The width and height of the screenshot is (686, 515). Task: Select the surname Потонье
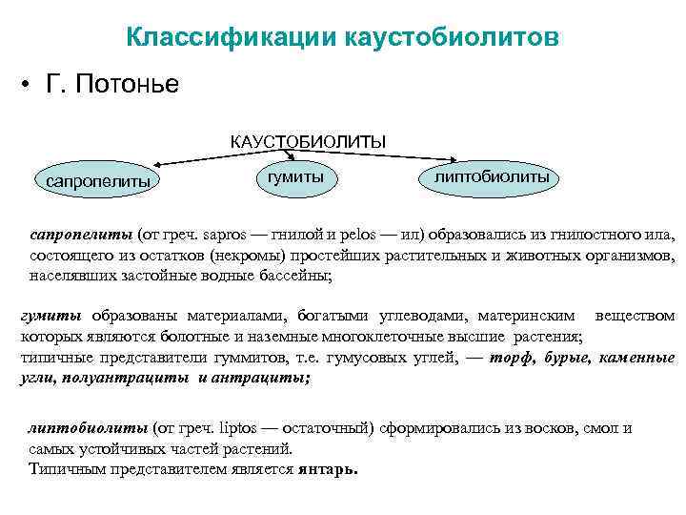tap(129, 85)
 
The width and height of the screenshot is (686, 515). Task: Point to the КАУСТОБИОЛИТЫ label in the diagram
tap(308, 141)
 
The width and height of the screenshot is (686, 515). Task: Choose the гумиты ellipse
tap(294, 175)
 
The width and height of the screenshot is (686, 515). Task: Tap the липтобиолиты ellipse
tap(491, 176)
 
